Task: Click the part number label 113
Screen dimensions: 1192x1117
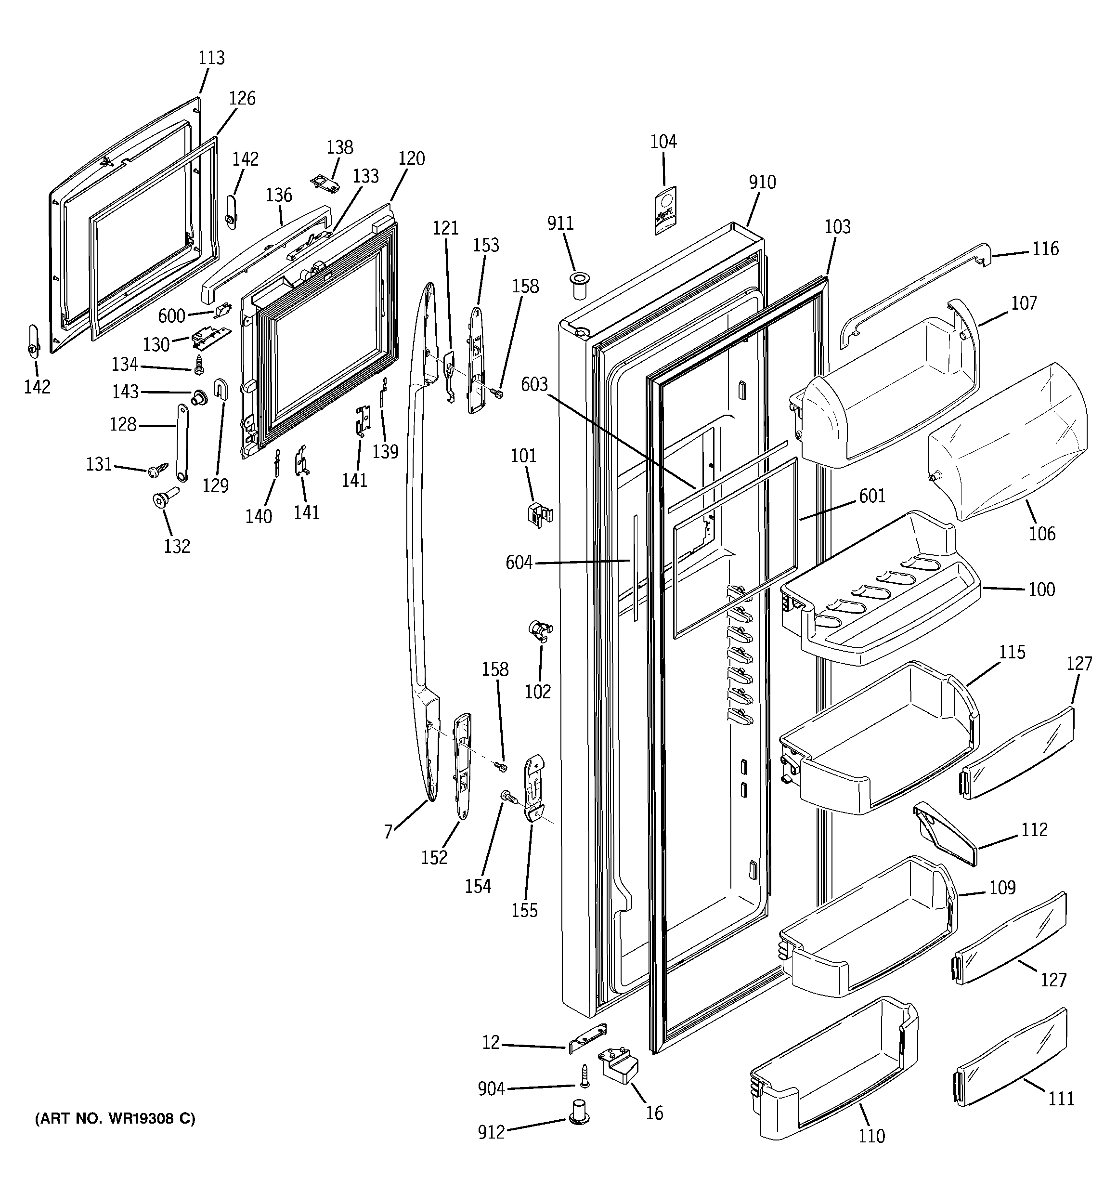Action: pos(212,58)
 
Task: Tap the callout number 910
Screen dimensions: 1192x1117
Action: pos(762,182)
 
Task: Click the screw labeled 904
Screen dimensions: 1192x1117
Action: pos(584,1076)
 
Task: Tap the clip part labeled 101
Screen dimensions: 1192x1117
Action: pos(540,514)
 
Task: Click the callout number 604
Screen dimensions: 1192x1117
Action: pos(519,563)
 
